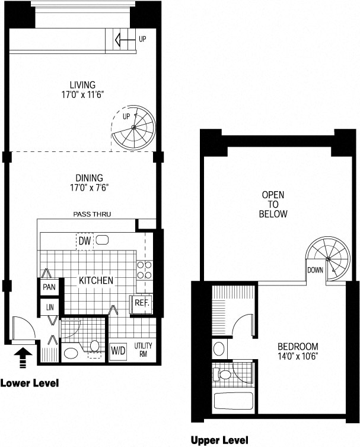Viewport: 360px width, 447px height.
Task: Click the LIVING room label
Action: pyautogui.click(x=82, y=85)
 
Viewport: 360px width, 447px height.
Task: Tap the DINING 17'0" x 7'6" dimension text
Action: pyautogui.click(x=90, y=188)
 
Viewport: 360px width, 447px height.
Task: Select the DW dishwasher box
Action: pyautogui.click(x=85, y=242)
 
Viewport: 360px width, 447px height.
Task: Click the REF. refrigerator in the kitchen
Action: pyautogui.click(x=142, y=304)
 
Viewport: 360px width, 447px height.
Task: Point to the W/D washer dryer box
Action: pyautogui.click(x=118, y=351)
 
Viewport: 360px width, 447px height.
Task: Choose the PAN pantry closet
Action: pyautogui.click(x=49, y=287)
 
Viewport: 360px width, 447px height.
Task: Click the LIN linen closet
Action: pyautogui.click(x=50, y=307)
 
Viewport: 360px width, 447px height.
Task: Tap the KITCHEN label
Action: pyautogui.click(x=96, y=281)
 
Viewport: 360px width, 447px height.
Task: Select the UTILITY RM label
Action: pyautogui.click(x=143, y=350)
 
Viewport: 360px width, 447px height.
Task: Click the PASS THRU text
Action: pyautogui.click(x=92, y=214)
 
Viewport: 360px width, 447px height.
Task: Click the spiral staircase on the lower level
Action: pyautogui.click(x=133, y=128)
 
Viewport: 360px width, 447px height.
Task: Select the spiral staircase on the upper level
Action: pyautogui.click(x=328, y=259)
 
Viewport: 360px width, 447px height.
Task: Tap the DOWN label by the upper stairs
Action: pyautogui.click(x=315, y=270)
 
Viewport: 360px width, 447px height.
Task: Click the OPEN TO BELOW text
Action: pyautogui.click(x=273, y=204)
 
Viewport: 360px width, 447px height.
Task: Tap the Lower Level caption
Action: pyautogui.click(x=30, y=383)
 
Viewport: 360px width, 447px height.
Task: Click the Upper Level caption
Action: pyautogui.click(x=219, y=440)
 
